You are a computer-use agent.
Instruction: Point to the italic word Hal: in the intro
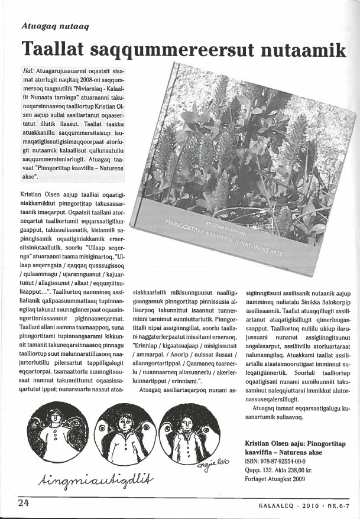27,70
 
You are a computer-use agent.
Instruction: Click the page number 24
24,504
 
